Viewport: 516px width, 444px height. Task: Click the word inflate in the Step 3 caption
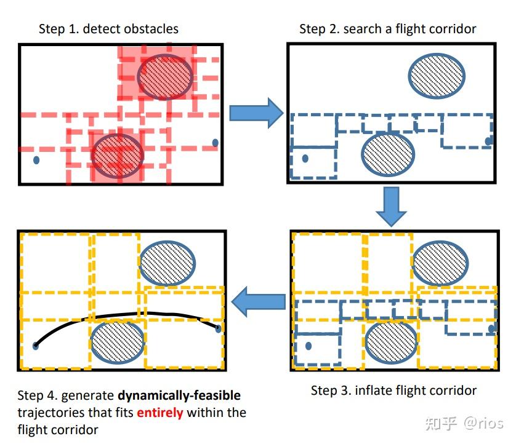(374, 390)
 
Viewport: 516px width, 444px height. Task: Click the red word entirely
(159, 413)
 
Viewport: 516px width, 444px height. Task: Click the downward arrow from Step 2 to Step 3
(391, 206)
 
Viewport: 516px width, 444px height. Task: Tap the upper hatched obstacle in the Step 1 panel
(165, 76)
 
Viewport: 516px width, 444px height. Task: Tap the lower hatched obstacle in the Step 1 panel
(118, 154)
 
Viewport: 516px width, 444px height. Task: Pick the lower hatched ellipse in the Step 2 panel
(387, 154)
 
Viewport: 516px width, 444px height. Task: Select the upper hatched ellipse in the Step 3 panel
(439, 263)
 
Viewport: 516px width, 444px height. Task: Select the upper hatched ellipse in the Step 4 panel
(167, 262)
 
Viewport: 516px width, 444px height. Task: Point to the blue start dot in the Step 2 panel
(305, 158)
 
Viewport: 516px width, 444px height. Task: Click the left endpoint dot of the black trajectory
(36, 346)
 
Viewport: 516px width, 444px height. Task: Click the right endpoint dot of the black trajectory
(218, 328)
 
